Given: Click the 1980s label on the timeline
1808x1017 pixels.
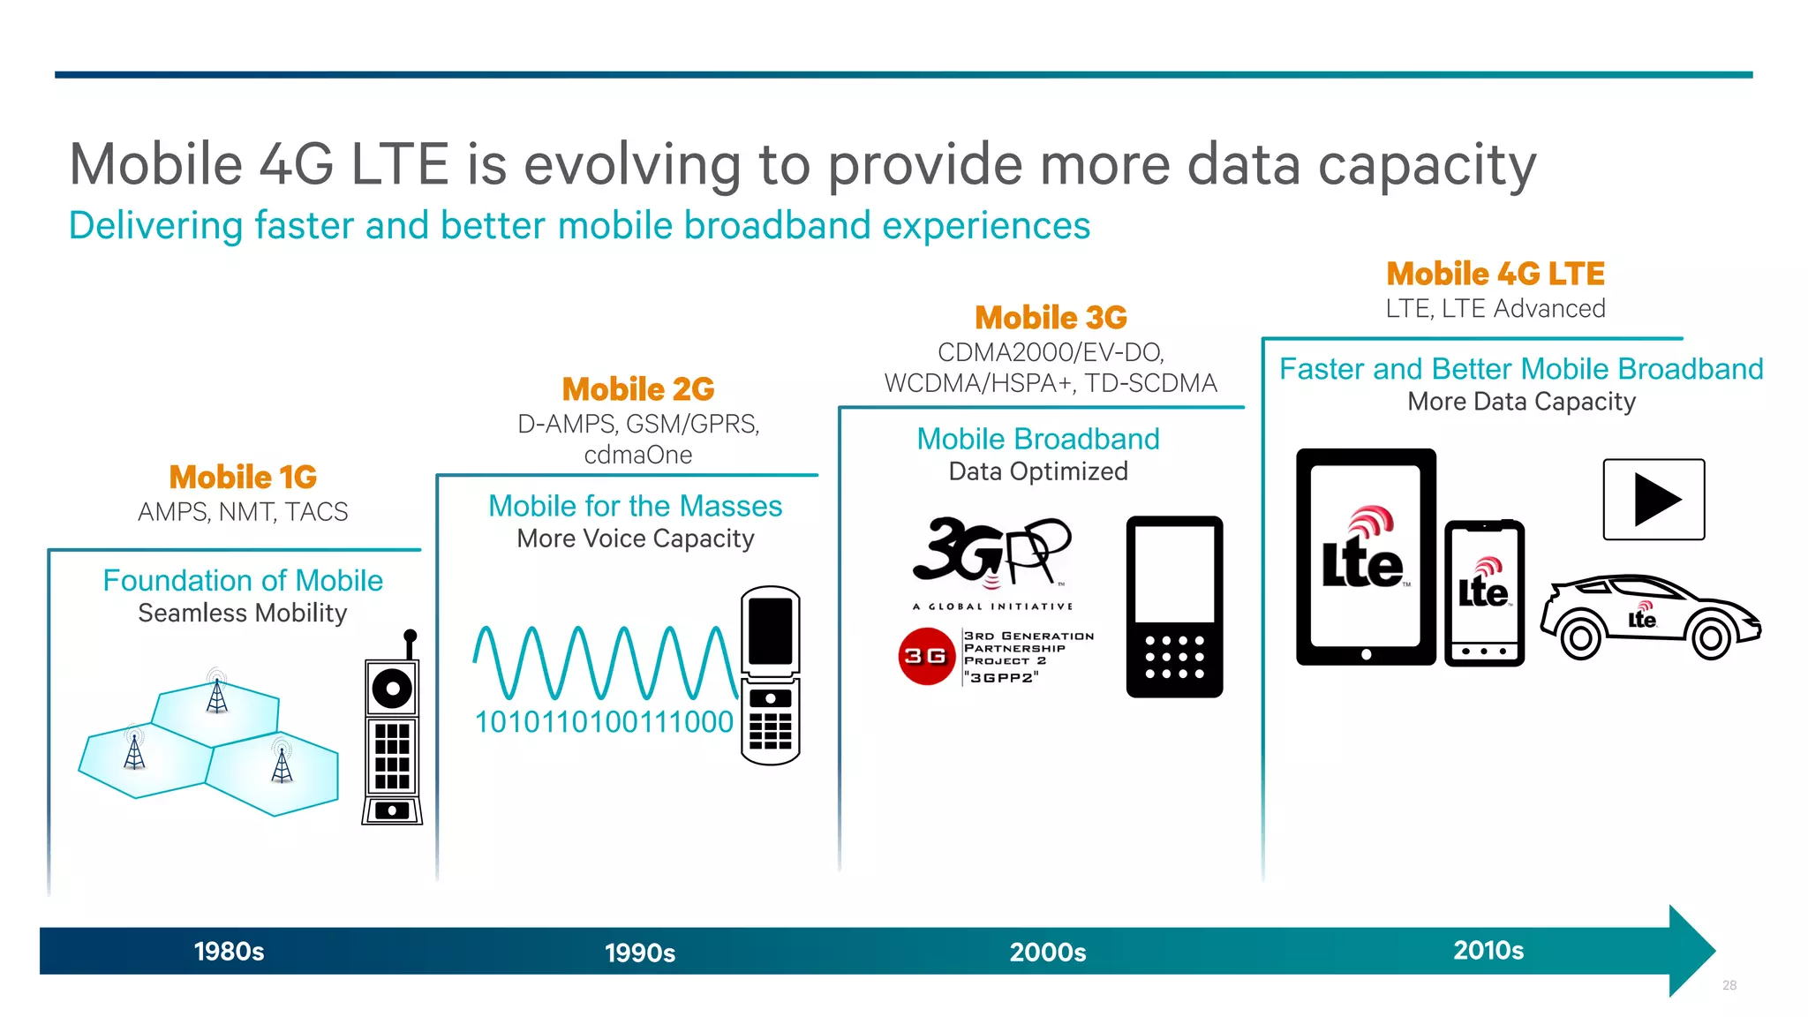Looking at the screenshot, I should pyautogui.click(x=229, y=951).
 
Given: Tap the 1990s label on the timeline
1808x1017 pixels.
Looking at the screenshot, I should pyautogui.click(x=640, y=953).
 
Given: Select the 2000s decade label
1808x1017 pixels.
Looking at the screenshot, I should pyautogui.click(x=1048, y=952).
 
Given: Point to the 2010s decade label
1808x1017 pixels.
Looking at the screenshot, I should pyautogui.click(x=1488, y=950).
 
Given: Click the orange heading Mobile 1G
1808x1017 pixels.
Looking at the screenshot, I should pyautogui.click(x=243, y=477).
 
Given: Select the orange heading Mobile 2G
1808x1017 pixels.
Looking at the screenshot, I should pyautogui.click(x=638, y=388).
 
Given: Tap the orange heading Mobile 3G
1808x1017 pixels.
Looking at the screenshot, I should pyautogui.click(x=1051, y=317).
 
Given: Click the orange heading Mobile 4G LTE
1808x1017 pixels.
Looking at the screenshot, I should pyautogui.click(x=1495, y=274).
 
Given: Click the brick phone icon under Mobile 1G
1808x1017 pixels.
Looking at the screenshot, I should pyautogui.click(x=392, y=733).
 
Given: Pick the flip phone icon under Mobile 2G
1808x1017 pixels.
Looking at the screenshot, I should pyautogui.click(x=770, y=675).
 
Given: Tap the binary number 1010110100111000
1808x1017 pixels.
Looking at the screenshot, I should pyautogui.click(x=604, y=722).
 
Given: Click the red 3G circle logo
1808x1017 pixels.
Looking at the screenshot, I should pyautogui.click(x=926, y=656).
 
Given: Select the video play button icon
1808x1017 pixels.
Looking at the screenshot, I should pyautogui.click(x=1654, y=500).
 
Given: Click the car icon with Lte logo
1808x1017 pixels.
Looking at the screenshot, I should pyautogui.click(x=1649, y=617).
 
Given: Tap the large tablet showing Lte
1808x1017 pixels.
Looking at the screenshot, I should pyautogui.click(x=1366, y=557).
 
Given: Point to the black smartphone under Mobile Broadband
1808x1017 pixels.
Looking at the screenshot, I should pyautogui.click(x=1174, y=607).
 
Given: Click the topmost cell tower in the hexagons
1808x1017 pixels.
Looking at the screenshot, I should pyautogui.click(x=216, y=692).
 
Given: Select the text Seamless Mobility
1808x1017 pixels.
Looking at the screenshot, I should pyautogui.click(x=243, y=613).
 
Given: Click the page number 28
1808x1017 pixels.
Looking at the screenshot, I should pyautogui.click(x=1729, y=985).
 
